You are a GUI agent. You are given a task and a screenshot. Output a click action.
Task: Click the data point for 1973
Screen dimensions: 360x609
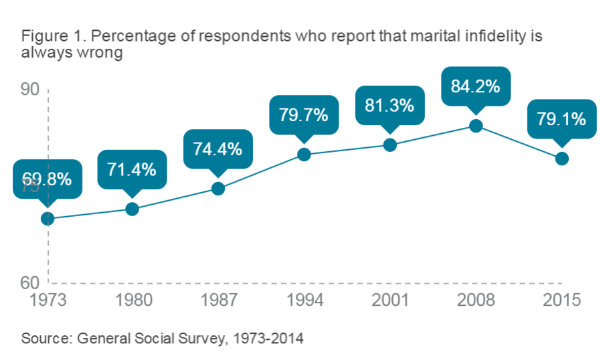pyautogui.click(x=48, y=219)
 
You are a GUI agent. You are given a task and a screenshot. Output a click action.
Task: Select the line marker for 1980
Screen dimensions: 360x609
pyautogui.click(x=133, y=209)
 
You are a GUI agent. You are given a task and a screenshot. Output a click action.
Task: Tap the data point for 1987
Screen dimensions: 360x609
pyautogui.click(x=218, y=188)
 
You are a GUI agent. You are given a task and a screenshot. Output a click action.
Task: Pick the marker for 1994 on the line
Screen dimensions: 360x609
pyautogui.click(x=304, y=155)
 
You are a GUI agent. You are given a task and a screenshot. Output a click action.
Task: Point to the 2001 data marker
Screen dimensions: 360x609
pyautogui.click(x=390, y=145)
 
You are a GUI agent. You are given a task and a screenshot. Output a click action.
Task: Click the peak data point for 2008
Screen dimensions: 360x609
pyautogui.click(x=476, y=126)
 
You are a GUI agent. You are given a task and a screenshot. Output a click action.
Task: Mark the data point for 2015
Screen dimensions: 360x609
pyautogui.click(x=562, y=159)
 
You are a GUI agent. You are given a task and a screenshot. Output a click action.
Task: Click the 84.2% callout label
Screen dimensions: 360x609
pyautogui.click(x=476, y=88)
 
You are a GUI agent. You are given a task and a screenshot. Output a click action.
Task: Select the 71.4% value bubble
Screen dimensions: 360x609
pyautogui.click(x=132, y=169)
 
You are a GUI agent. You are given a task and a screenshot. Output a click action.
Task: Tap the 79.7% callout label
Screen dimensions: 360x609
pyautogui.click(x=304, y=115)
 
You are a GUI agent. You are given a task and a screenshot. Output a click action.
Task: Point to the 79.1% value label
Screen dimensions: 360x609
pyautogui.click(x=561, y=120)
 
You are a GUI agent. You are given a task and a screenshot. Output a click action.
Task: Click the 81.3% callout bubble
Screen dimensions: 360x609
pyautogui.click(x=389, y=105)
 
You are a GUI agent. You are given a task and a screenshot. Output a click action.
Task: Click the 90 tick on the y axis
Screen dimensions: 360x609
pyautogui.click(x=30, y=90)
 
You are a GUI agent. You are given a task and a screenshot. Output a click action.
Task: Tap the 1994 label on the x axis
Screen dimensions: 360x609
pyautogui.click(x=304, y=299)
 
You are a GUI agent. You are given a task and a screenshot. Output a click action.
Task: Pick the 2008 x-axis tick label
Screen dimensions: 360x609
pyautogui.click(x=476, y=299)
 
